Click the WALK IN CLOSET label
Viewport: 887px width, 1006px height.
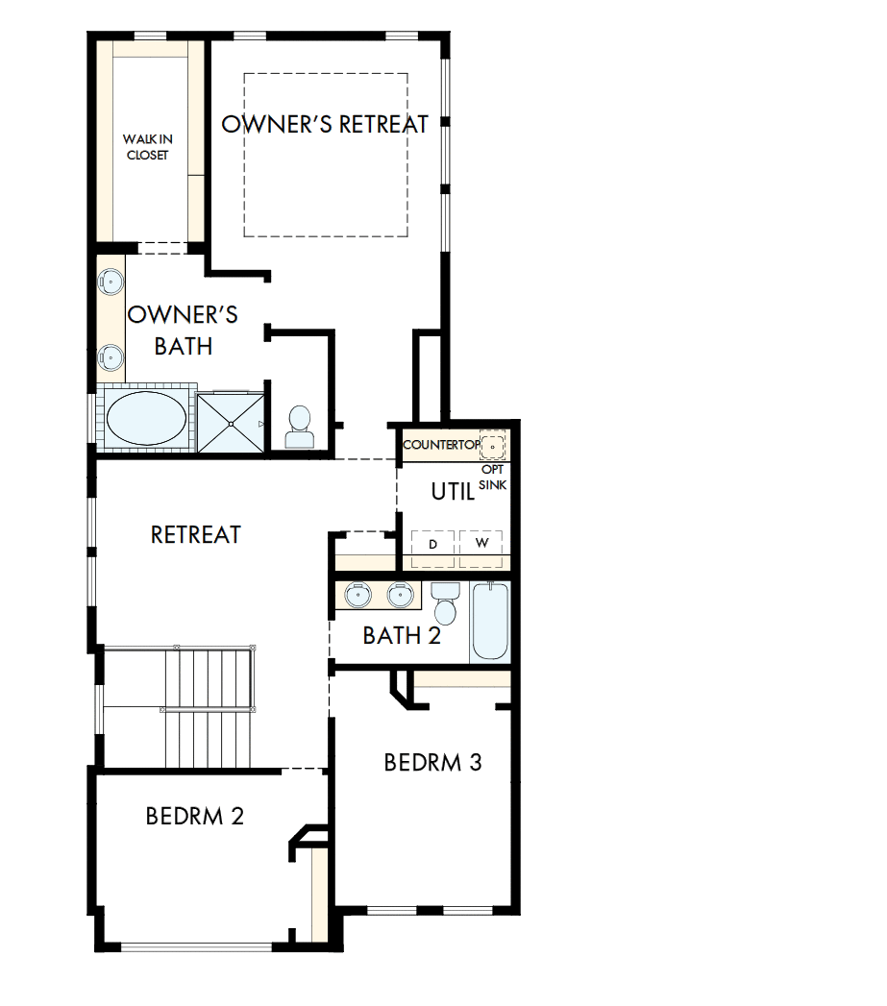pos(147,147)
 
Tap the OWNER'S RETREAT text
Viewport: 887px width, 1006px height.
pos(325,124)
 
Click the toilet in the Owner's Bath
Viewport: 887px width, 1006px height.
pos(299,426)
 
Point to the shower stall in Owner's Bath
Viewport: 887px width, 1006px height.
pos(231,422)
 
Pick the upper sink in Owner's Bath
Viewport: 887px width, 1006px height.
pos(111,282)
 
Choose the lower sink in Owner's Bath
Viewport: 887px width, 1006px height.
pos(111,358)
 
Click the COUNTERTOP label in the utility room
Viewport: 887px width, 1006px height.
pos(440,445)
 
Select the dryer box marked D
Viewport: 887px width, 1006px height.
pos(433,544)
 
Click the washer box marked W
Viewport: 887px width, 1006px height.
pos(480,544)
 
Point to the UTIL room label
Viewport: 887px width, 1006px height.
pos(453,491)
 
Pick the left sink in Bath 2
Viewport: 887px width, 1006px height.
pos(358,596)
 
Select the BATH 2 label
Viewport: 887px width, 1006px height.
pos(402,635)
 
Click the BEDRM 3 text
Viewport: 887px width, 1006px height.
pos(432,762)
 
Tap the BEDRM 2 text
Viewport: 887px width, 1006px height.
pos(194,816)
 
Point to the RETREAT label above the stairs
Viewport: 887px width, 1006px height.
pos(196,534)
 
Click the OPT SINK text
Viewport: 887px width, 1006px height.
pos(493,478)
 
